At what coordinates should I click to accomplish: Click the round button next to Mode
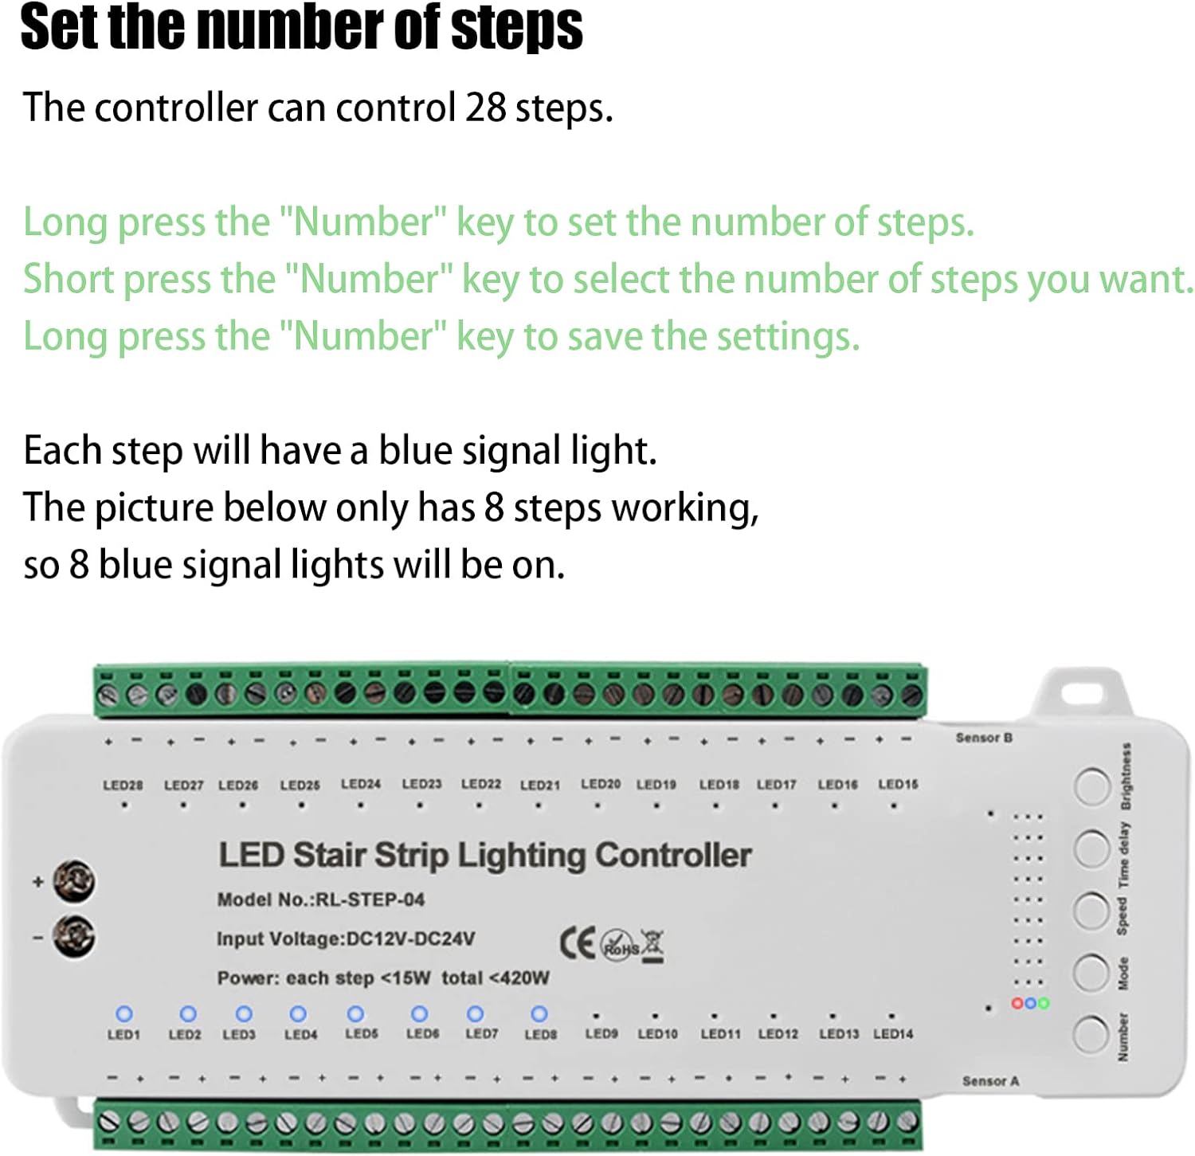point(1091,972)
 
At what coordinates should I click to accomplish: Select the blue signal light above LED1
point(124,1013)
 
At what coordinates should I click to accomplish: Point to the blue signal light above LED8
point(539,1013)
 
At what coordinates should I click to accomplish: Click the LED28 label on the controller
point(123,786)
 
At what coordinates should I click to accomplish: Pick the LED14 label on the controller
point(893,1034)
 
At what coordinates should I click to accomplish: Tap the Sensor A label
point(990,1081)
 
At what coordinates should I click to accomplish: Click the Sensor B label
point(984,738)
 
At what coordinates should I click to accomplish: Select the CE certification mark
point(578,943)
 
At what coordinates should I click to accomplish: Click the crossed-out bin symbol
point(652,945)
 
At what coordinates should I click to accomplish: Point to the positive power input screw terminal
point(74,881)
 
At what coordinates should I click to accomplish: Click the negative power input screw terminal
point(74,936)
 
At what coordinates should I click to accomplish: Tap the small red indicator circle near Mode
point(1017,1003)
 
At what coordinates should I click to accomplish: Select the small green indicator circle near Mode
point(1044,1003)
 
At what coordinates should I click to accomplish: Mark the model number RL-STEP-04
point(370,900)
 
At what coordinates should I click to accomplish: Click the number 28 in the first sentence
point(485,108)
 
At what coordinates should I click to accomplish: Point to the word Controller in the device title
point(673,855)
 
